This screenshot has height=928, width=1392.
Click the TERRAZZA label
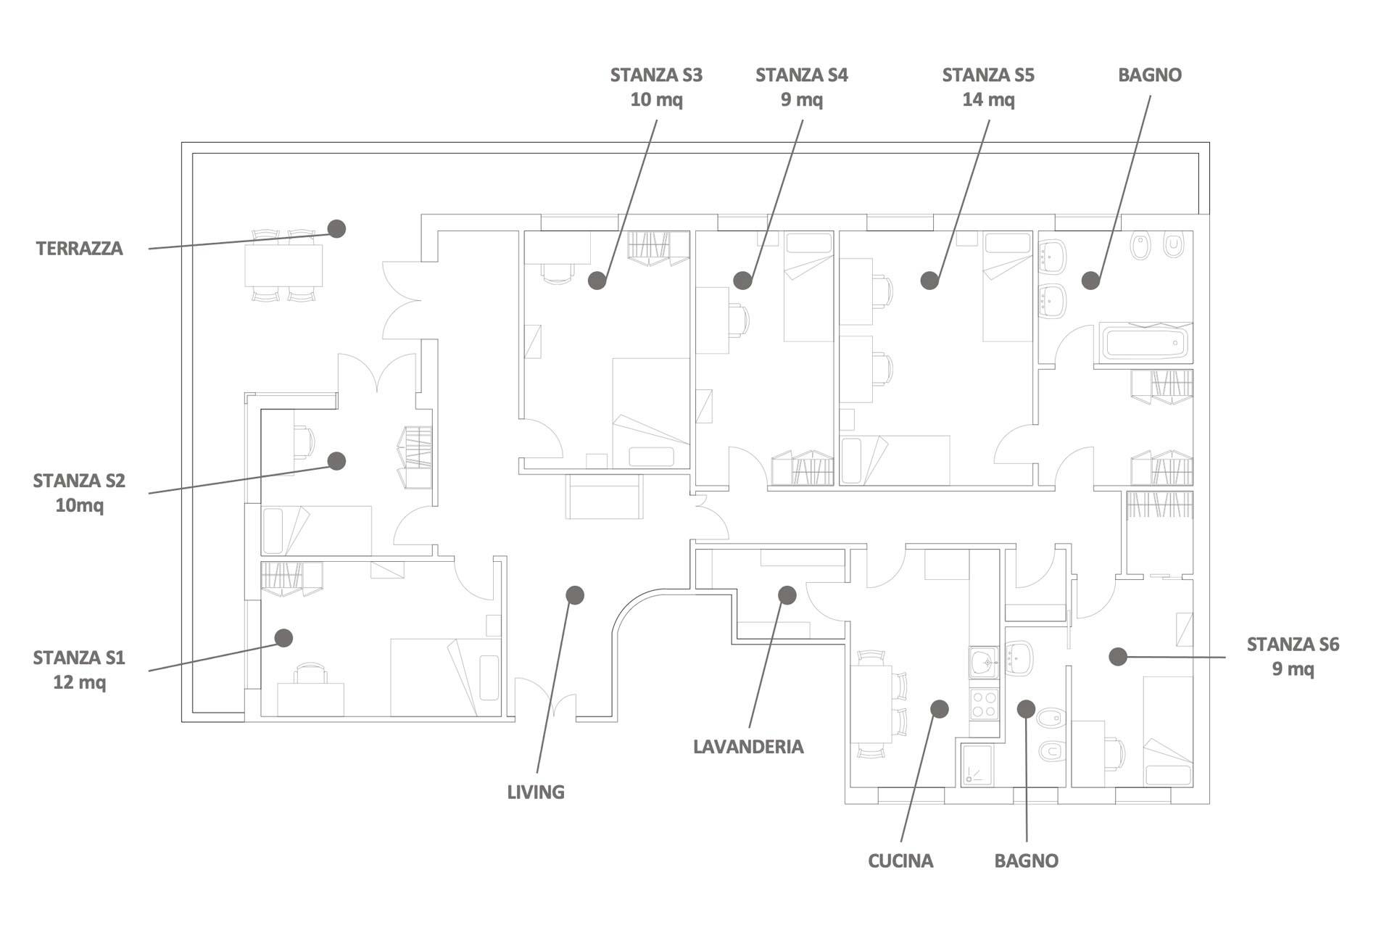point(80,249)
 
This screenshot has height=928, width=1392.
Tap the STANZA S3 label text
point(656,75)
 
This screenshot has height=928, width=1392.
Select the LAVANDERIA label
point(748,747)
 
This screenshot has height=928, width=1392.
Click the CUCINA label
point(900,861)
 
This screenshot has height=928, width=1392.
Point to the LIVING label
point(536,792)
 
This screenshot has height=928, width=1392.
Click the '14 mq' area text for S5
point(988,100)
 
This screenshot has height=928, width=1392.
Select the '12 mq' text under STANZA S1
point(80,682)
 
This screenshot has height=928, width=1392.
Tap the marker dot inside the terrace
point(336,228)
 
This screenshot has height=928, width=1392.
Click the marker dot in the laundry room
point(787,595)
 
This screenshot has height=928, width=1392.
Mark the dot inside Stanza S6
point(1118,657)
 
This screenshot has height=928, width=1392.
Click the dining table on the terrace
point(283,265)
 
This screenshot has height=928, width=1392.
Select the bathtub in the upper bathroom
point(1145,343)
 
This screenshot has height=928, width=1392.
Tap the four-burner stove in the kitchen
point(984,704)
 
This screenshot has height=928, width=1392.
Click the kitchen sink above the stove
point(984,662)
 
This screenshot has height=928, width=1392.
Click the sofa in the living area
point(604,497)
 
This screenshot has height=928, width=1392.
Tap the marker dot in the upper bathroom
point(1091,281)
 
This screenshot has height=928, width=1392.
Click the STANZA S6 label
point(1293,645)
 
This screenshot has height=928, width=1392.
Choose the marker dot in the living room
point(575,595)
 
